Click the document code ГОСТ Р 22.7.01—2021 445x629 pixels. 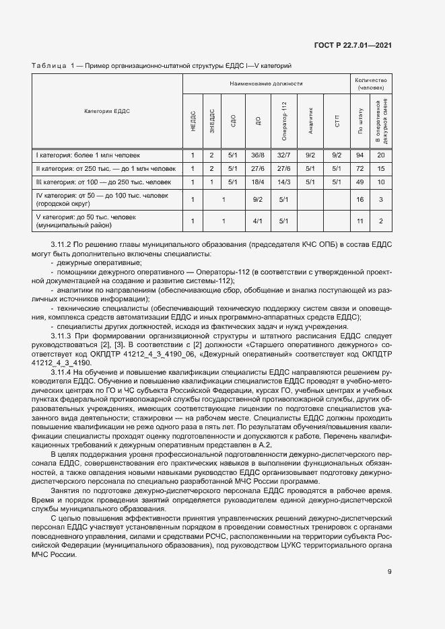coord(353,46)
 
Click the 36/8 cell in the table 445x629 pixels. coord(258,155)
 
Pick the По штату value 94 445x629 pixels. coord(360,155)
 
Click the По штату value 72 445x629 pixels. coord(360,168)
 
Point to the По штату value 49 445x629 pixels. coord(360,182)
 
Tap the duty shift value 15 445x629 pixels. coord(381,168)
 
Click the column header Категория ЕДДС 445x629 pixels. coord(107,111)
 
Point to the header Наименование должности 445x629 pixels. coord(266,84)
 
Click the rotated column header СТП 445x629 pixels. coord(337,121)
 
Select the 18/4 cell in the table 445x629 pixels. coord(258,182)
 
